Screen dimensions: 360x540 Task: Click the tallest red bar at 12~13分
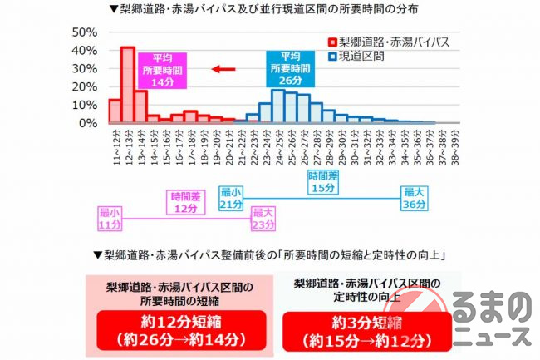click(x=127, y=85)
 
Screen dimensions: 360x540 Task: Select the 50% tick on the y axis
click(x=86, y=32)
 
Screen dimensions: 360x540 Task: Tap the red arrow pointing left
click(x=223, y=69)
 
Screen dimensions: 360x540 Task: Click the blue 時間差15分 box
click(x=322, y=182)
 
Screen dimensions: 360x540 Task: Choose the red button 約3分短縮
click(x=355, y=329)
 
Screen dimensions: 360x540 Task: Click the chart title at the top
click(x=270, y=10)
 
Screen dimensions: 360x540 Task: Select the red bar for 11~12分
click(x=115, y=111)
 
